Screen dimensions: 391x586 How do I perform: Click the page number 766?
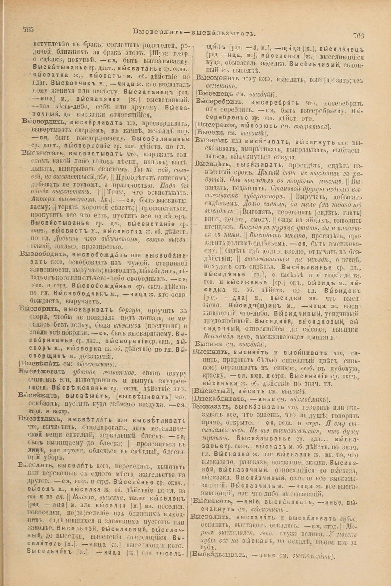pyautogui.click(x=358, y=35)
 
